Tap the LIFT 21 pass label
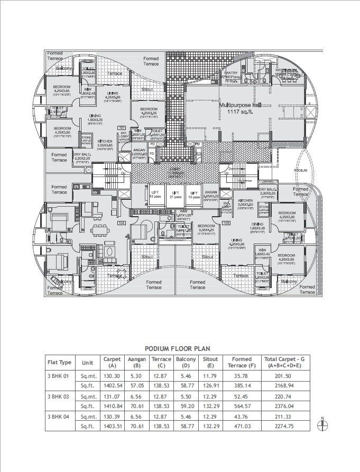coord(174,195)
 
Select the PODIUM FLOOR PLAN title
coord(177,348)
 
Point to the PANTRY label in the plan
coord(231,72)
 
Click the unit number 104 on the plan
coord(121,223)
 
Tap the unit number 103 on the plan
coord(226,223)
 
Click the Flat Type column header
coord(59,363)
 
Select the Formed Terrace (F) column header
coord(242,363)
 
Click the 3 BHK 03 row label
coord(60,396)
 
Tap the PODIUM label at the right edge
coord(301,171)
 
